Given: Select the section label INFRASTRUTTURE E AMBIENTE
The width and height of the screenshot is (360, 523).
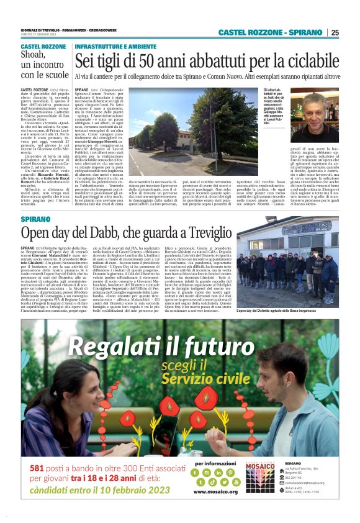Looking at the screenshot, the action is pos(115,47).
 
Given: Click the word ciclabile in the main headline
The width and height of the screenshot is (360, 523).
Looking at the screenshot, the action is pos(313,61).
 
